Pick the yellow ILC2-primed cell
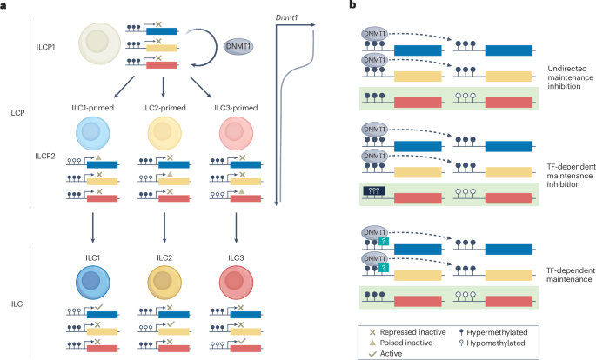[163, 137]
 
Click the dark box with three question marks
[374, 171]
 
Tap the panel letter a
[8, 6]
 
